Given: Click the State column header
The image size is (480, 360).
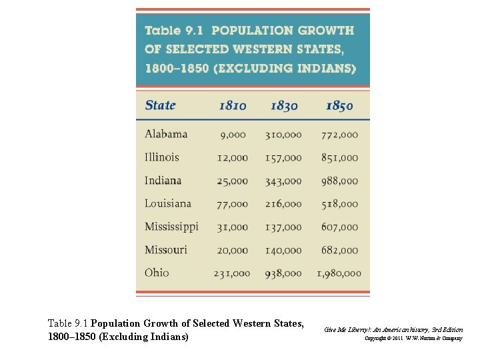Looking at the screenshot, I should click(x=161, y=105).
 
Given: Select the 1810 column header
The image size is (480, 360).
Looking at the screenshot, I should click(x=233, y=105).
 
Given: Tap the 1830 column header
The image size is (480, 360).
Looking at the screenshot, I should click(x=285, y=105).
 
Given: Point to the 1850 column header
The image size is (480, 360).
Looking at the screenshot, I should click(x=339, y=105).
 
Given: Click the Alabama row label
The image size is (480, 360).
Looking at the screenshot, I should click(x=166, y=134).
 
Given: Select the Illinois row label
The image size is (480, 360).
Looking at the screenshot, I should click(x=162, y=157).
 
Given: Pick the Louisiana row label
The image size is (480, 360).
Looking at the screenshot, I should click(x=168, y=203).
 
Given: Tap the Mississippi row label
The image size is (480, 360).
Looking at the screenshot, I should click(x=171, y=227).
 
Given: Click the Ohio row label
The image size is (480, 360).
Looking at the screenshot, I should click(x=157, y=273).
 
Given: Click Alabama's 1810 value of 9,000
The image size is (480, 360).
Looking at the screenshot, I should click(x=233, y=135).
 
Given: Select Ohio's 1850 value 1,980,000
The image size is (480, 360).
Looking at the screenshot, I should click(x=339, y=273).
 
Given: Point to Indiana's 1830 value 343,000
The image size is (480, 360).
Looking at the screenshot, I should click(x=283, y=181).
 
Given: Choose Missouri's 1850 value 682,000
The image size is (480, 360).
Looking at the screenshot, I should click(x=339, y=251).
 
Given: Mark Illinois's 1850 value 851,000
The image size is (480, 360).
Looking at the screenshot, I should click(x=339, y=158).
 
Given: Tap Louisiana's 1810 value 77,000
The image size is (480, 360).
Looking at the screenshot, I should click(x=232, y=205).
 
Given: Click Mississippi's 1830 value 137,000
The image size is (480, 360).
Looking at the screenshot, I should click(x=283, y=227).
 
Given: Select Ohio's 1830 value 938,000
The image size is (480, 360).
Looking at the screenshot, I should click(x=283, y=273).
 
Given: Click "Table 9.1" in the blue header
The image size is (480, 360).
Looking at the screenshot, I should click(x=175, y=31).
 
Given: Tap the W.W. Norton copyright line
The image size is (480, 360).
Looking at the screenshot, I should click(x=413, y=339).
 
